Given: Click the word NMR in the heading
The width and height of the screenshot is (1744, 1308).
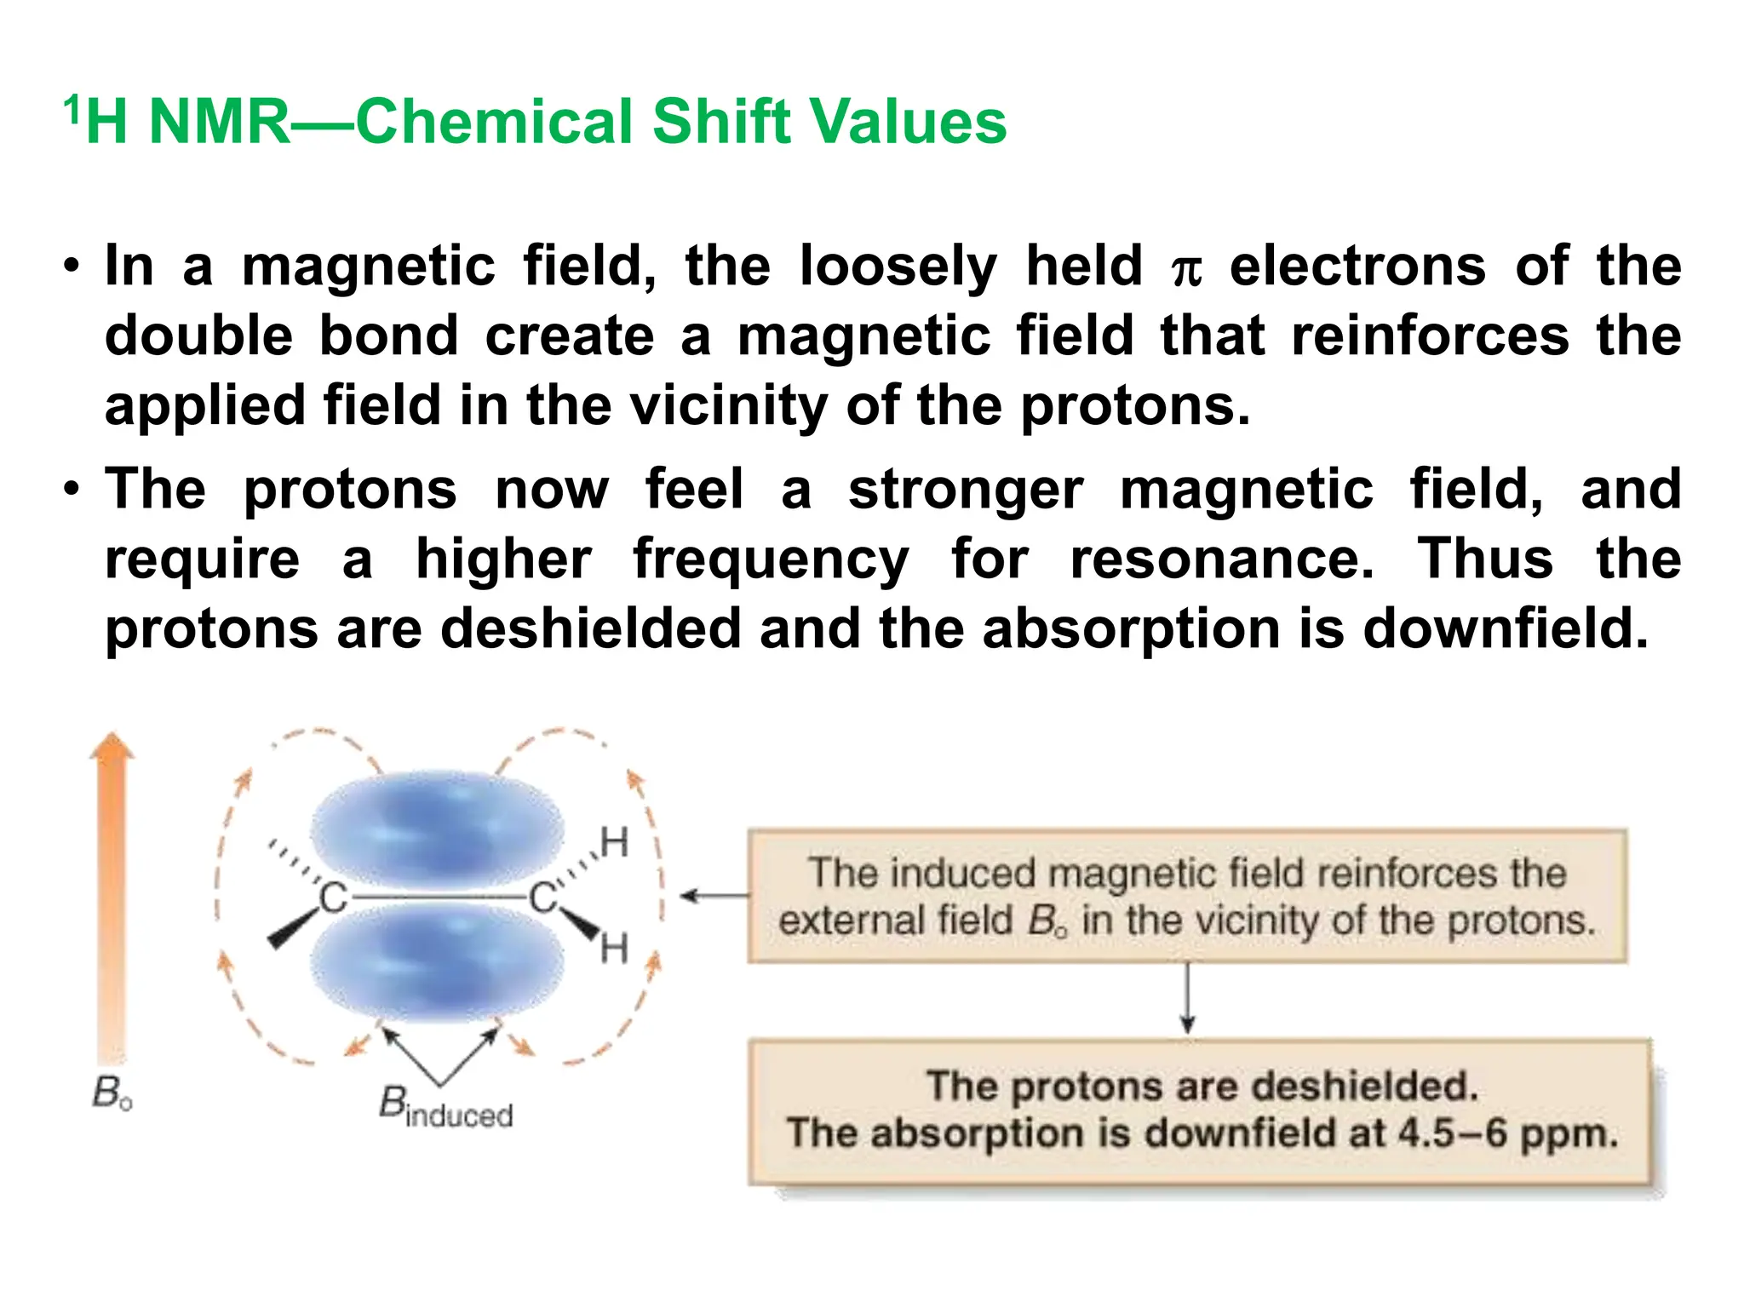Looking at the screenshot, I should (220, 122).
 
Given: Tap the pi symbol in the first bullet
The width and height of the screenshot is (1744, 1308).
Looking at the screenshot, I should (1186, 271).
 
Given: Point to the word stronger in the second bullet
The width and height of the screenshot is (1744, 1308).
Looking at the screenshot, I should (966, 490).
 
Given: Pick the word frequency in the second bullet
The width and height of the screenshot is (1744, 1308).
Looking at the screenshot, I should (771, 562).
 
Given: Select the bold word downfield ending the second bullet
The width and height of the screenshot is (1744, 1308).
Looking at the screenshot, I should (1506, 629).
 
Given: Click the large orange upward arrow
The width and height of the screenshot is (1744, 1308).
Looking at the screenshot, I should (112, 894).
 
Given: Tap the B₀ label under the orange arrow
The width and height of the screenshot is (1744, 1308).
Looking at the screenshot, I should (112, 1094).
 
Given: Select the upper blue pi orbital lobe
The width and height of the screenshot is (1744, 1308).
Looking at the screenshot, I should (437, 829).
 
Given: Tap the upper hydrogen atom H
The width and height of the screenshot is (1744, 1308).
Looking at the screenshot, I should (615, 843).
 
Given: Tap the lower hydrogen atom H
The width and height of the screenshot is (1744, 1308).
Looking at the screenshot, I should (615, 949).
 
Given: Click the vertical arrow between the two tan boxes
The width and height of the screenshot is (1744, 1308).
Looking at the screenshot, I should (1188, 998).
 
